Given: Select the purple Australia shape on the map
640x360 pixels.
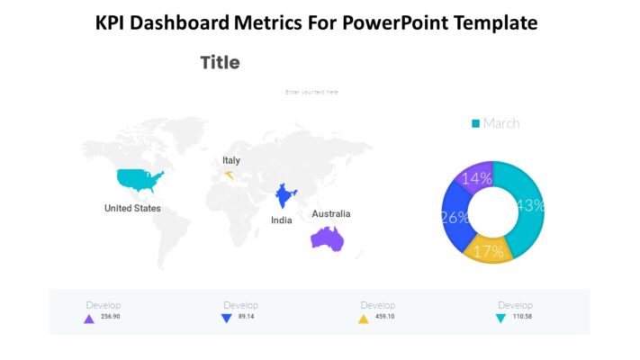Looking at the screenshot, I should (328, 237).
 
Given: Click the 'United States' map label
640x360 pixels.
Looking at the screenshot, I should (132, 208).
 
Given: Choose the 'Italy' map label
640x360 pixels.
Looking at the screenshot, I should (231, 160).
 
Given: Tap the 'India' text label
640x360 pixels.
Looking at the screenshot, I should (282, 220).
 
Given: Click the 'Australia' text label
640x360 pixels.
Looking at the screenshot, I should (331, 214).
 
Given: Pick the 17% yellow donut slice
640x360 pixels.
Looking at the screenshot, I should (489, 250).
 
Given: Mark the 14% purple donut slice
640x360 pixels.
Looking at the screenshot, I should (476, 178).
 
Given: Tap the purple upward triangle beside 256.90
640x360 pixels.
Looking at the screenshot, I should (88, 319).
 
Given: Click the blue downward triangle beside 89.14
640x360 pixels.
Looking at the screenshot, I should (227, 319).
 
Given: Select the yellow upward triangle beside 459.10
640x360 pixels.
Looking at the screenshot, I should (364, 319).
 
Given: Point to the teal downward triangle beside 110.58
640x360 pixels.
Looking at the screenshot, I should (500, 319).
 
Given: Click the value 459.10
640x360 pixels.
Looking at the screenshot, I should (385, 317).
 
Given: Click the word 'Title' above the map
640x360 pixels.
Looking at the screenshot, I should (220, 63).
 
